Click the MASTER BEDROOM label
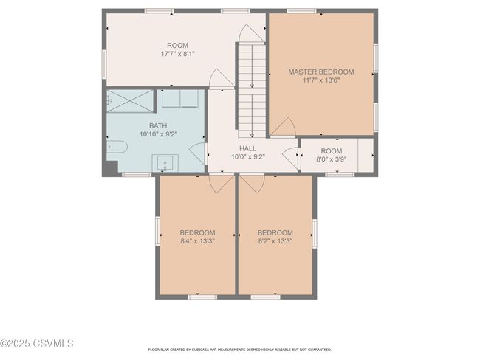click(321, 72)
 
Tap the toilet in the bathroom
click(117, 147)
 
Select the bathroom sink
click(165, 163)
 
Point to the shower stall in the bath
click(130, 101)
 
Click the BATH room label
click(158, 125)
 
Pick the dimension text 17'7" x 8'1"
click(178, 54)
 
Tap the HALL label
click(248, 149)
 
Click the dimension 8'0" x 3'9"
click(332, 159)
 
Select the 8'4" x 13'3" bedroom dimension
click(197, 241)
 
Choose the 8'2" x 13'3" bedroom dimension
click(275, 241)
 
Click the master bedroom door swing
click(283, 127)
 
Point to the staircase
click(252, 91)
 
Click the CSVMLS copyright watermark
click(37, 343)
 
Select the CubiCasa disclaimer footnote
click(240, 350)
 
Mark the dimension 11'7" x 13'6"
click(321, 80)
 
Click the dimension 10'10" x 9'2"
click(158, 134)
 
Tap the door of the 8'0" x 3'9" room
click(290, 159)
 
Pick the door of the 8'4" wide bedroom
click(222, 184)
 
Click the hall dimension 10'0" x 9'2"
click(248, 157)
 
